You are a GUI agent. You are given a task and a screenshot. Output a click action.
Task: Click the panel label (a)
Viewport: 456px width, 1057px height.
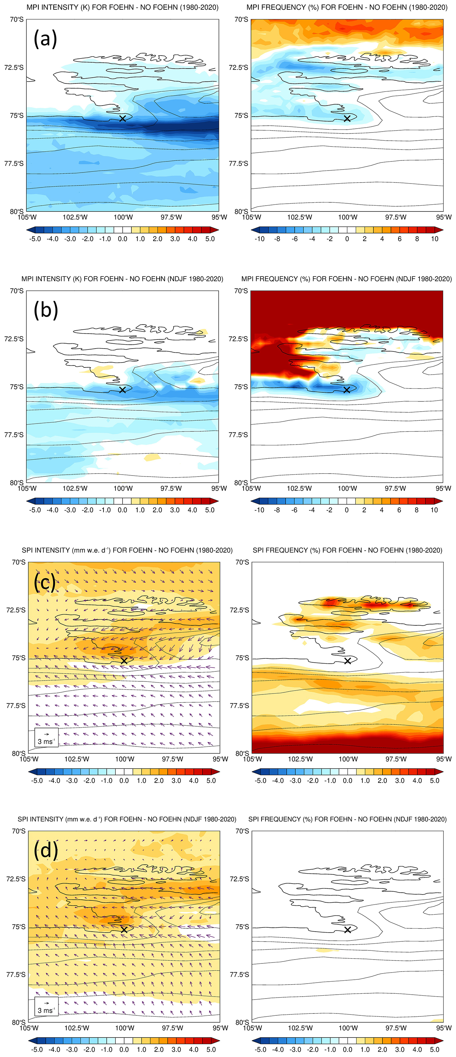tap(45, 39)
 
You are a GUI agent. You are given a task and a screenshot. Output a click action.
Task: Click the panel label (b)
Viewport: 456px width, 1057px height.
tap(46, 310)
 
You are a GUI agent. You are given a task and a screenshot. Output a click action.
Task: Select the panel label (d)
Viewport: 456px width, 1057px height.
tap(46, 851)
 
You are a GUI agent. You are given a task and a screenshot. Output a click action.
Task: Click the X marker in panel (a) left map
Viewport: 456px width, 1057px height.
tap(122, 119)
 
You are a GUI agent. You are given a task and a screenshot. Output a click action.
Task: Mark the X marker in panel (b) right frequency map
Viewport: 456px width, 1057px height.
tap(347, 390)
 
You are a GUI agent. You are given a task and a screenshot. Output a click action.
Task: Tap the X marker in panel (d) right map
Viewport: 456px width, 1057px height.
tap(348, 930)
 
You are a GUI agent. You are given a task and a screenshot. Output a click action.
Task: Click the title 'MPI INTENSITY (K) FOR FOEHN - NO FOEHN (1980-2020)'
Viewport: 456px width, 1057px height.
tap(122, 7)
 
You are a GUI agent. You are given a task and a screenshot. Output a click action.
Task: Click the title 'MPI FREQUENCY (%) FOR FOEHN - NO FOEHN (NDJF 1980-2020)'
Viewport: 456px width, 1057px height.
tap(347, 279)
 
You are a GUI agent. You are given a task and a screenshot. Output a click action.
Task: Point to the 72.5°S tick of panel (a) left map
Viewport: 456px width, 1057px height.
tap(14, 67)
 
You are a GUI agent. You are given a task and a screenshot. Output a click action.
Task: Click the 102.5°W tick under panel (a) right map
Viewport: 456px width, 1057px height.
tap(300, 217)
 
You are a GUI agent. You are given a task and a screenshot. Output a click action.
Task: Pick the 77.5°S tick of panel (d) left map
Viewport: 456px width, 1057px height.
tap(16, 974)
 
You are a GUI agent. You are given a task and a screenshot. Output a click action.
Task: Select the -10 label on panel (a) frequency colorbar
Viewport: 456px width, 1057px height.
tap(260, 239)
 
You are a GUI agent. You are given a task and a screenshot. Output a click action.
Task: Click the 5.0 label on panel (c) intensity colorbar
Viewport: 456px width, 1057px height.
tap(211, 781)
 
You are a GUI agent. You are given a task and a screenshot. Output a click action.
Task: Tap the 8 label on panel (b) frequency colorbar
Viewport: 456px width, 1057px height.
tap(417, 510)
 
